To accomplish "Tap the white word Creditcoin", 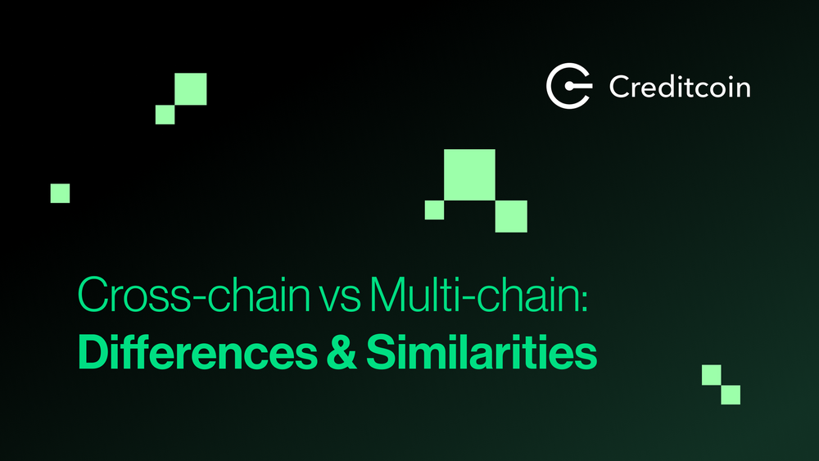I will pyautogui.click(x=679, y=86).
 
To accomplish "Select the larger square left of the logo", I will pyautogui.click(x=191, y=89).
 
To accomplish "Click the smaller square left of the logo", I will pyautogui.click(x=165, y=115).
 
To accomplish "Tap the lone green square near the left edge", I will pyautogui.click(x=60, y=193).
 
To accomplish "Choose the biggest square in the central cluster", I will pyautogui.click(x=469, y=174).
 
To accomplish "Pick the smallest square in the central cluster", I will pyautogui.click(x=434, y=210).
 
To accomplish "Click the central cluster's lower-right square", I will pyautogui.click(x=511, y=216).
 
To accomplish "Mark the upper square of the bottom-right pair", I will pyautogui.click(x=711, y=375).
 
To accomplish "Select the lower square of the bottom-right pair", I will pyautogui.click(x=731, y=395).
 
